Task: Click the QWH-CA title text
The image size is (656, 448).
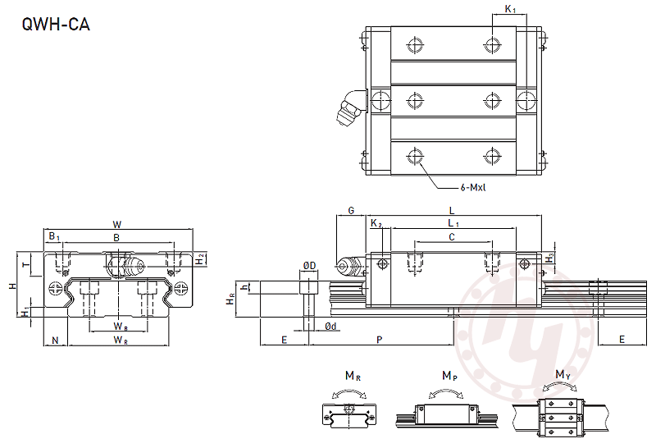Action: pos(56,25)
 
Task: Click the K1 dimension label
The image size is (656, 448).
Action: pos(510,9)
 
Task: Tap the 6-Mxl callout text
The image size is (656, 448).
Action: pos(473,188)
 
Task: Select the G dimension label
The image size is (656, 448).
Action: pos(351,210)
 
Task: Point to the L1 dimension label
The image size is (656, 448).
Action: pos(453,223)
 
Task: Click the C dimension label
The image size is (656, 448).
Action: pos(452,237)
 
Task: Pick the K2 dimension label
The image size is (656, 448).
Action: pos(376,223)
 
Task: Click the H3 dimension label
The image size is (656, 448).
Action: pos(550,258)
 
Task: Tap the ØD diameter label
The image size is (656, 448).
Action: pos(310,266)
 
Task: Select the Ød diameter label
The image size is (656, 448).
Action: pos(330,327)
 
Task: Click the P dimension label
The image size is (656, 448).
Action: pos(379,340)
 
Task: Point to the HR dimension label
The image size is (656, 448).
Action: pos(230,299)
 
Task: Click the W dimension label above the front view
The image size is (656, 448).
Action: pos(117,225)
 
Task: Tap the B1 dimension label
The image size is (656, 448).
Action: pos(54,236)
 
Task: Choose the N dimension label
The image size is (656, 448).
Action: pos(55,341)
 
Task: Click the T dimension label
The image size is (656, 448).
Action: pos(27,264)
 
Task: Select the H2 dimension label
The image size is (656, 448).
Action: pos(200,259)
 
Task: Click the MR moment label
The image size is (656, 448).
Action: pos(353,376)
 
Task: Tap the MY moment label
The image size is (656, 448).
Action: pos(563,375)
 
